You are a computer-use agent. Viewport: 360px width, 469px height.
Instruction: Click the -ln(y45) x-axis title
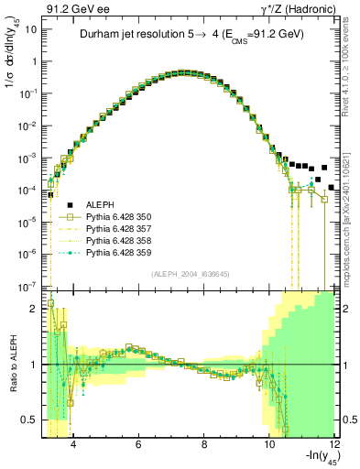[x=315, y=458]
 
